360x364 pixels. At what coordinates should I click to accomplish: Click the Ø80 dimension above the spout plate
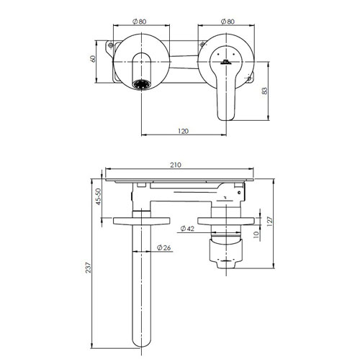click(x=139, y=22)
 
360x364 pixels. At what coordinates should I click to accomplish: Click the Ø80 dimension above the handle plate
click(x=228, y=22)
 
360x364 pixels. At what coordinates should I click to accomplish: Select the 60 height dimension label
click(x=93, y=59)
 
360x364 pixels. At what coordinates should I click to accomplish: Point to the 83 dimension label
click(x=264, y=91)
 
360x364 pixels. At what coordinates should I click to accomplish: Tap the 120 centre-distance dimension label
click(x=184, y=131)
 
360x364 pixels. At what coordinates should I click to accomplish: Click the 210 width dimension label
click(x=176, y=165)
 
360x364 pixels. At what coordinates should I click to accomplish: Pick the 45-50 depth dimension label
click(x=99, y=196)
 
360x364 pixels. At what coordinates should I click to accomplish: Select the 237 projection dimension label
click(x=89, y=268)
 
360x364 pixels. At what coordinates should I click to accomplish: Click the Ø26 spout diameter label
click(x=164, y=247)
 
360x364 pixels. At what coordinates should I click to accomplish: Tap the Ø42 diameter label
click(x=187, y=229)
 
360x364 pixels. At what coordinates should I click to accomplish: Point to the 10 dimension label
click(x=256, y=235)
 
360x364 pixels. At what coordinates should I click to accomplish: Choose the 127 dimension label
click(x=270, y=222)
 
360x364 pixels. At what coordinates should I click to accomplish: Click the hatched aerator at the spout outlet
click(x=142, y=85)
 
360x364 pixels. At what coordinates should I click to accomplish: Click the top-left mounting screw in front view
click(x=111, y=45)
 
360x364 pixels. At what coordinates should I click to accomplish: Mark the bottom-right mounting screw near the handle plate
click(x=249, y=78)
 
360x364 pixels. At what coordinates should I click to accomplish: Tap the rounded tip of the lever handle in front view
click(x=226, y=117)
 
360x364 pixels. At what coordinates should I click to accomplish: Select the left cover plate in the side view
click(x=142, y=221)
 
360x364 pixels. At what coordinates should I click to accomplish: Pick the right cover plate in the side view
click(x=226, y=221)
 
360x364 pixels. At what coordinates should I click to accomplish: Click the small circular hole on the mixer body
click(x=239, y=192)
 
